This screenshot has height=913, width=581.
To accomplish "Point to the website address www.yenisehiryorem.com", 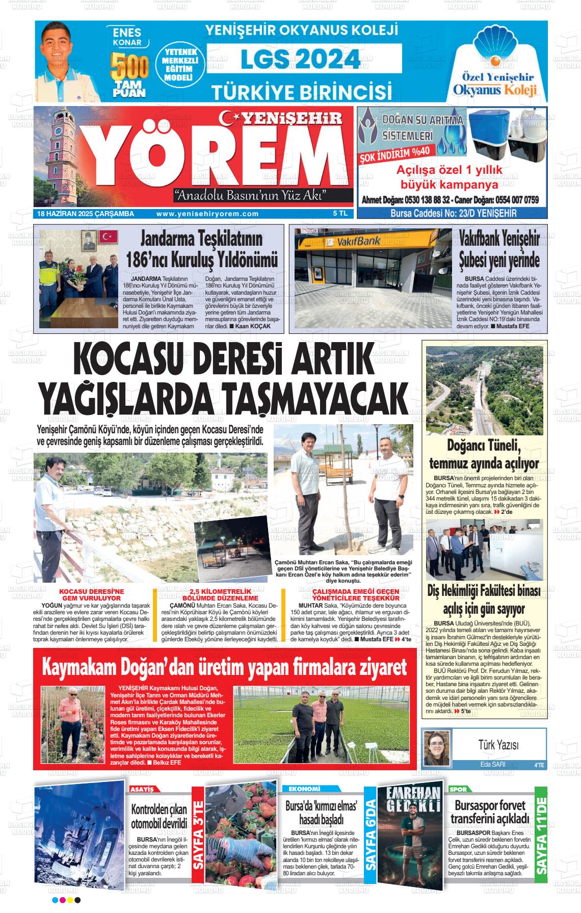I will click(207, 214).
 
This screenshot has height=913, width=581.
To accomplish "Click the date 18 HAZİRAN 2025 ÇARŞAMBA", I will click(86, 214).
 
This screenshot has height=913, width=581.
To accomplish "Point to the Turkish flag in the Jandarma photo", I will click(109, 237).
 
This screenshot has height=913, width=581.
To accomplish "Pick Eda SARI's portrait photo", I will click(437, 748).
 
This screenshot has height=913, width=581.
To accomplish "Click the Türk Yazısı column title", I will click(498, 745).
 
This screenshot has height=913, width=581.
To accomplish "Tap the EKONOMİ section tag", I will click(304, 789).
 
